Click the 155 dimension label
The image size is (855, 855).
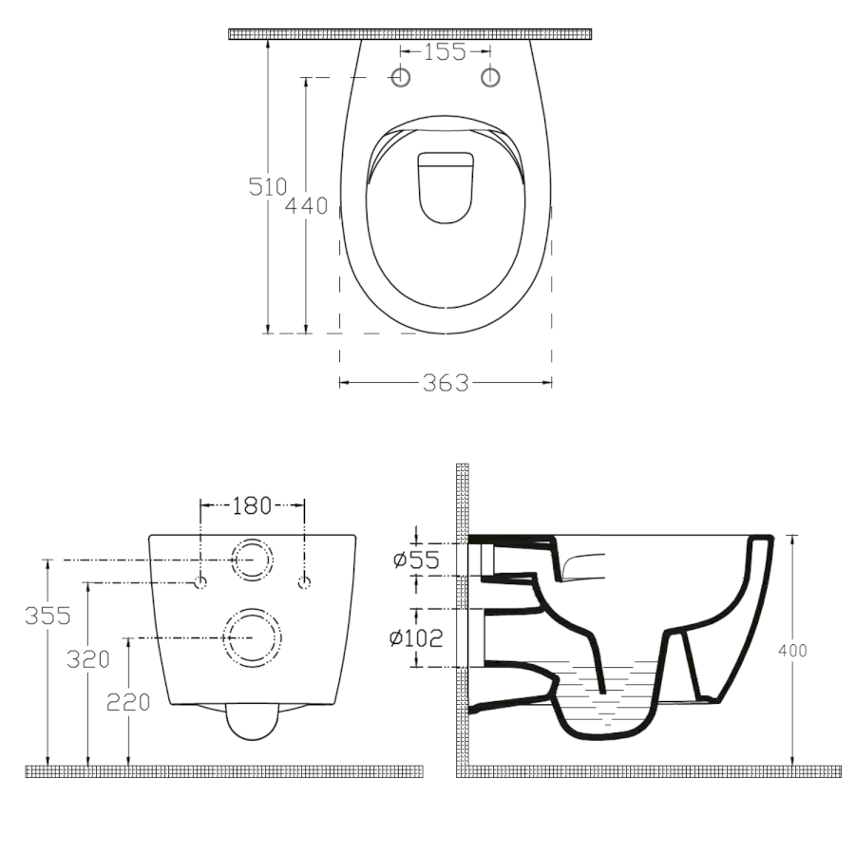click(x=445, y=52)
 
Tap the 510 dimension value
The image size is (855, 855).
click(x=267, y=187)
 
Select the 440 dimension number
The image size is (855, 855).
click(x=307, y=205)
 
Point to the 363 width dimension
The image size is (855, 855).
click(x=446, y=384)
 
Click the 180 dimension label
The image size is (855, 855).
click(x=252, y=506)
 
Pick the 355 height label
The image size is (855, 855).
click(x=48, y=617)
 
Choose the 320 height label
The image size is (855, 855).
click(x=88, y=660)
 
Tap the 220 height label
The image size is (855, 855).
click(x=128, y=702)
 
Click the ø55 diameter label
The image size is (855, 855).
click(x=416, y=560)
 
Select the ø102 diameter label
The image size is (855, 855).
click(x=416, y=638)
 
